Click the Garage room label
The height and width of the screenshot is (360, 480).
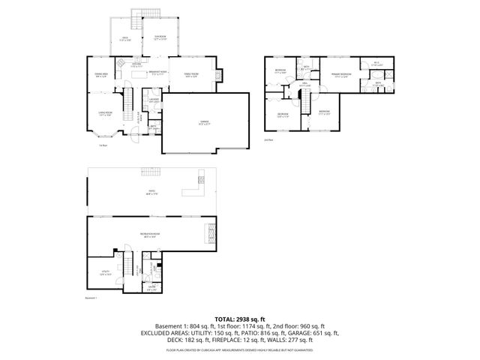pyautogui.click(x=205, y=122)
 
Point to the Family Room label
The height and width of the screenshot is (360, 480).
pyautogui.click(x=191, y=74)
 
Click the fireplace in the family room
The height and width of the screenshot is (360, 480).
pyautogui.click(x=218, y=75)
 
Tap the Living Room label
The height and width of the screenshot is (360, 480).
pyautogui.click(x=104, y=113)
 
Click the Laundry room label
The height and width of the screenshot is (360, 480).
pyautogui.click(x=153, y=100)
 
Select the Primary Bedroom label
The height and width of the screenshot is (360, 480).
pyautogui.click(x=341, y=74)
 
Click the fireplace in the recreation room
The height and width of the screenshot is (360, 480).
pyautogui.click(x=210, y=235)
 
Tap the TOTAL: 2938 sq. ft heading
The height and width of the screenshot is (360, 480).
pyautogui.click(x=240, y=319)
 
